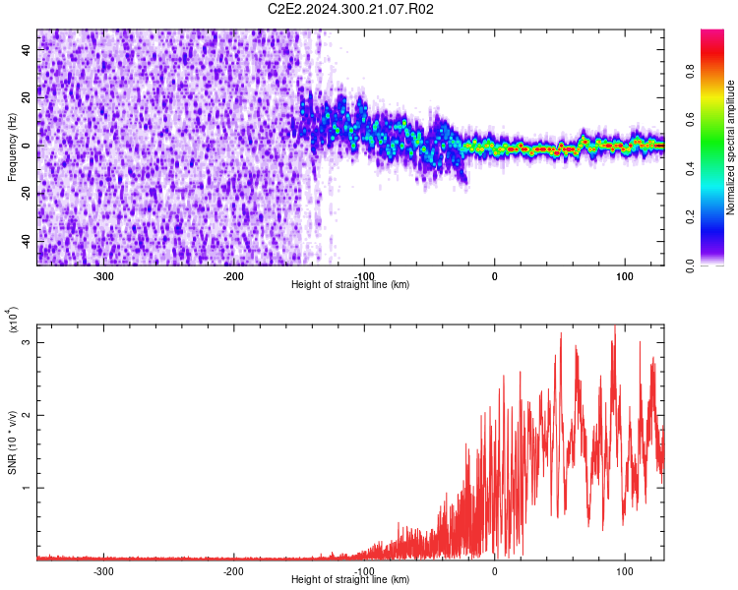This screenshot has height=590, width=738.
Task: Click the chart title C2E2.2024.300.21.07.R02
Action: tap(351, 9)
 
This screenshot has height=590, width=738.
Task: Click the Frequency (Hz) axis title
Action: tap(12, 147)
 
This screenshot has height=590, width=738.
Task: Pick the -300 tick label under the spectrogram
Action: tap(103, 275)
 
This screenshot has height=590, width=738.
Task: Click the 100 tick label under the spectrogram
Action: tap(625, 275)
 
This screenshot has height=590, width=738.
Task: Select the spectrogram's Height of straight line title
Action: tap(351, 285)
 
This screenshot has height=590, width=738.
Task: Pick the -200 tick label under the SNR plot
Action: tap(233, 570)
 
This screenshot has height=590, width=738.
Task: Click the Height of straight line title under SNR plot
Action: tap(351, 580)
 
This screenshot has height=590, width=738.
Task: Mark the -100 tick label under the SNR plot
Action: tap(364, 570)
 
